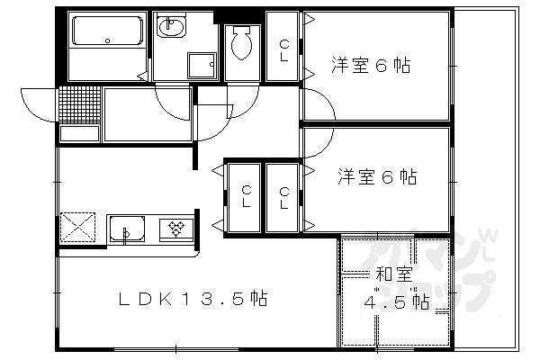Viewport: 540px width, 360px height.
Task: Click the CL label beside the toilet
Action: (283, 49)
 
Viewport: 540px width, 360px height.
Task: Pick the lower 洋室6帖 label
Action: (377, 177)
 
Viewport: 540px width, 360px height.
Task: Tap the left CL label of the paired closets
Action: (245, 196)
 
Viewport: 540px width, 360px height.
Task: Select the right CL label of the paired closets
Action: (283, 196)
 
